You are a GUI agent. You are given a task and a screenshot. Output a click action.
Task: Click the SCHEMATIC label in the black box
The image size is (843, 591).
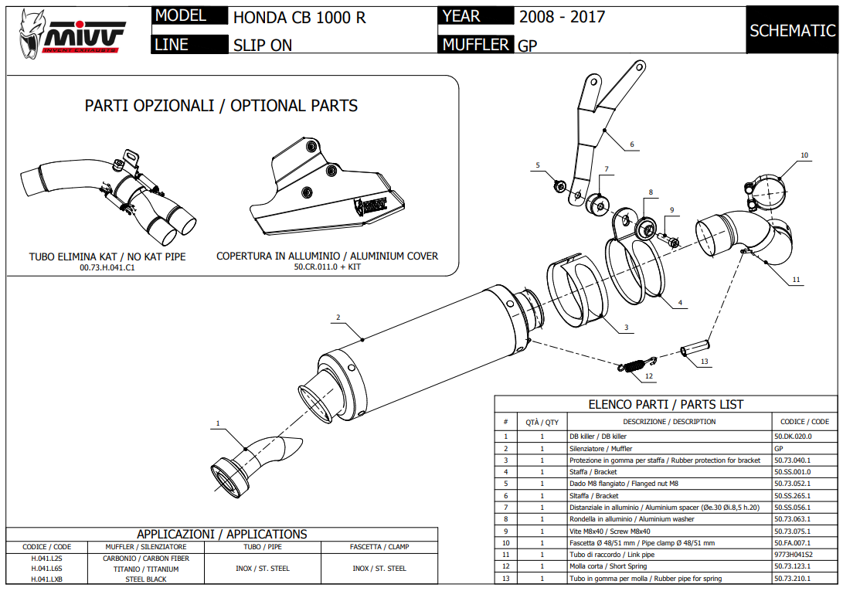tap(793, 31)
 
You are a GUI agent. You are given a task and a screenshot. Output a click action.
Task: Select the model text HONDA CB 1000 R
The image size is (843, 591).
tap(299, 17)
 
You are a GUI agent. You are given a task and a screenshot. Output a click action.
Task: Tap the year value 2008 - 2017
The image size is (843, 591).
tap(562, 17)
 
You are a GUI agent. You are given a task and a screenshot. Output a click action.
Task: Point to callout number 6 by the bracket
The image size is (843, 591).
tap(631, 144)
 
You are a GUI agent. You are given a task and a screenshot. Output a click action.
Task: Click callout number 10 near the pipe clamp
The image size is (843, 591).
tap(804, 155)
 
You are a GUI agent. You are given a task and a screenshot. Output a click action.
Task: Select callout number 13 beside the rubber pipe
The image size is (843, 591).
tap(704, 361)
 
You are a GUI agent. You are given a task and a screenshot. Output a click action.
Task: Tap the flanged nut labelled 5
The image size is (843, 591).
tap(558, 185)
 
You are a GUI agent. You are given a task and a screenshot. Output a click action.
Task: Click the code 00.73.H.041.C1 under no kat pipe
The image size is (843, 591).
tap(107, 267)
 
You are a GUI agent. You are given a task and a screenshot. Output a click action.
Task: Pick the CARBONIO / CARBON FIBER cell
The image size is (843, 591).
tap(145, 558)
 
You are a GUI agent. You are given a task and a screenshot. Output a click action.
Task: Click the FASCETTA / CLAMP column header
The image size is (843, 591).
tap(379, 547)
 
